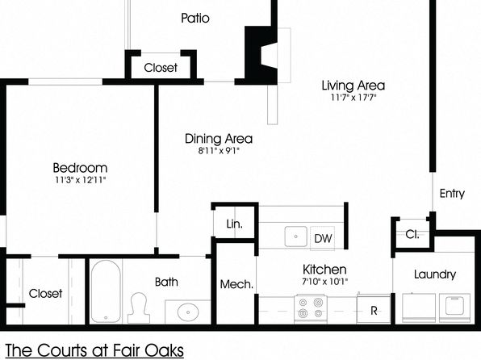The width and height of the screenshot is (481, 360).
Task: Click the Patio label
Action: (x=195, y=18)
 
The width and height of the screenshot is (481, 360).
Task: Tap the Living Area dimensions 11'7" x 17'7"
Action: (x=353, y=98)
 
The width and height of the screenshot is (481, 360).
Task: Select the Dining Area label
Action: (x=219, y=139)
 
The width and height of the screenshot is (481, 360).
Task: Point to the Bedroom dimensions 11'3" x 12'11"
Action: (x=81, y=180)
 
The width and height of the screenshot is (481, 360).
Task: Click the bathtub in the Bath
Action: (x=106, y=291)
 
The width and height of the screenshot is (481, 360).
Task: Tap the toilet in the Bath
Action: (x=139, y=308)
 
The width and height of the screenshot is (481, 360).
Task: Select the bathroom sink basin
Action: (x=188, y=312)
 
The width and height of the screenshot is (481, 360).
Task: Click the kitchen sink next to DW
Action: (x=295, y=237)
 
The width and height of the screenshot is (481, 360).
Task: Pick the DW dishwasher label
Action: (x=323, y=238)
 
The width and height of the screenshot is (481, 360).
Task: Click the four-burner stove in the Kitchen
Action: (x=311, y=308)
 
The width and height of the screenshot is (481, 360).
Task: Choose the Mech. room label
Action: (x=236, y=284)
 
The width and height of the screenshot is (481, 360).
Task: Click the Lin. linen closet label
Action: (x=234, y=224)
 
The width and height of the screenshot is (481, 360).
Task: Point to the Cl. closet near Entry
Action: (x=412, y=234)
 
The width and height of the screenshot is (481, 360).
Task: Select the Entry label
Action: (x=452, y=194)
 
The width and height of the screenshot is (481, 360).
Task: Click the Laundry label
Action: (x=435, y=274)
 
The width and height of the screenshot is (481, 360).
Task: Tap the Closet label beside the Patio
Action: (x=161, y=68)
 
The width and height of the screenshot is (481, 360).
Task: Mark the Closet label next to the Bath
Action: (x=45, y=293)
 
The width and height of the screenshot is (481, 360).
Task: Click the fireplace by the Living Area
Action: (x=261, y=55)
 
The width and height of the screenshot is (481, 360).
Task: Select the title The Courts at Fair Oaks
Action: (x=94, y=350)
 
